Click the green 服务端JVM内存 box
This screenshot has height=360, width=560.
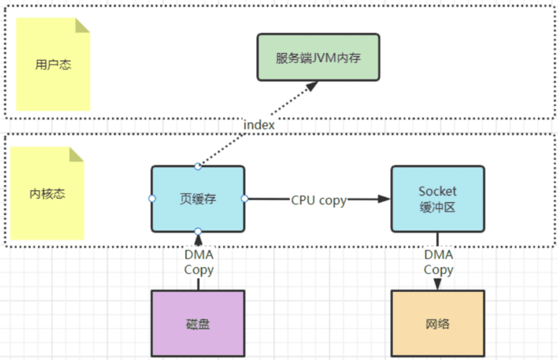click(x=318, y=57)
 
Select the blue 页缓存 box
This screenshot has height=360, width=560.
click(x=198, y=199)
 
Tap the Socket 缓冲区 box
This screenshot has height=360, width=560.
click(x=437, y=199)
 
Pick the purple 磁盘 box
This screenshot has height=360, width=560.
click(x=198, y=323)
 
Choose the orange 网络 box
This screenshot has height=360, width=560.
click(x=437, y=323)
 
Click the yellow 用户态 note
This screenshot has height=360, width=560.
click(x=53, y=65)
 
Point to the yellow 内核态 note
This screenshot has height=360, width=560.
click(x=47, y=193)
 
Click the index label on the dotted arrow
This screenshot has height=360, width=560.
click(x=259, y=125)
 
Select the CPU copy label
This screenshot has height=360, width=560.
click(x=318, y=200)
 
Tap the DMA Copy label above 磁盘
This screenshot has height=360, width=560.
click(x=199, y=262)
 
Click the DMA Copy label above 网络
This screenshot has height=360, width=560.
click(x=439, y=262)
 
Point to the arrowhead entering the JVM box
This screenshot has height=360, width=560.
click(x=312, y=86)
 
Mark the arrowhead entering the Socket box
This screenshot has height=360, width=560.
click(x=384, y=199)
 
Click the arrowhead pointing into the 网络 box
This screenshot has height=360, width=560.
click(x=437, y=284)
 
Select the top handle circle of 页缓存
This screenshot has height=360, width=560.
click(x=198, y=166)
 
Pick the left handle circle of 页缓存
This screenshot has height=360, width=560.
click(x=152, y=199)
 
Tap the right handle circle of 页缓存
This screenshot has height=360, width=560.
click(x=245, y=199)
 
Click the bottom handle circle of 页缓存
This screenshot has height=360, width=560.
click(x=198, y=232)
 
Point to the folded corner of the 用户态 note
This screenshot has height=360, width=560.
click(x=82, y=25)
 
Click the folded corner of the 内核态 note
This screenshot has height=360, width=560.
click(x=77, y=154)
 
